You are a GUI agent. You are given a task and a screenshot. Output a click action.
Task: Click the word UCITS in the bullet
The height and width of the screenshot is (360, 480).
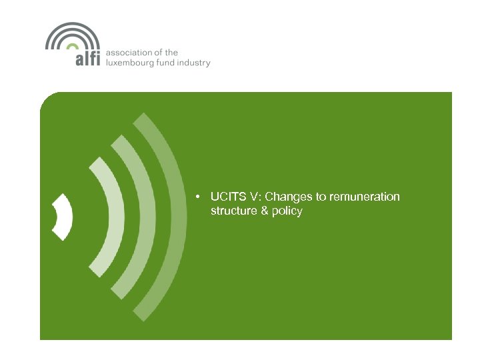(x=227, y=197)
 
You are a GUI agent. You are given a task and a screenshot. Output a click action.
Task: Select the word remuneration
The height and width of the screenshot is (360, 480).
(x=369, y=197)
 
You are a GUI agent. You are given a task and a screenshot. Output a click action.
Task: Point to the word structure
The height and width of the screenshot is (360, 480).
(x=231, y=211)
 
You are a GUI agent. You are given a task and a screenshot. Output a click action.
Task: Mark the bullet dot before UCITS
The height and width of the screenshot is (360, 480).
(x=199, y=197)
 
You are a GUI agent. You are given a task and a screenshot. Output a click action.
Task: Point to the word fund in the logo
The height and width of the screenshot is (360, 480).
(x=173, y=63)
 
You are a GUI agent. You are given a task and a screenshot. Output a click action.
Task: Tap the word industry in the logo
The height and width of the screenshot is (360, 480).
(x=197, y=63)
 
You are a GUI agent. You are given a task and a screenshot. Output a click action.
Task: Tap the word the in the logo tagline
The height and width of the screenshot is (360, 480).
(x=171, y=53)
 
